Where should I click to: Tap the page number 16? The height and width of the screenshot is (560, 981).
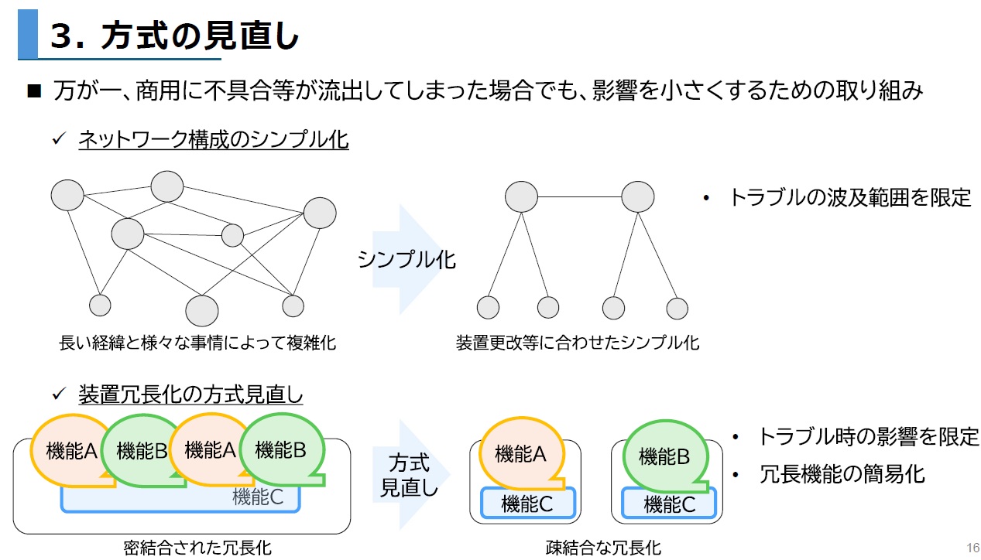[973, 547]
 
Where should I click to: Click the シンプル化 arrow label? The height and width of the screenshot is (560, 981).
[406, 259]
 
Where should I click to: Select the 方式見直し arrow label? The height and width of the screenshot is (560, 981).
[410, 475]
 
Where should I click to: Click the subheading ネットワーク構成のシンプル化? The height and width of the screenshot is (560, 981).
[213, 140]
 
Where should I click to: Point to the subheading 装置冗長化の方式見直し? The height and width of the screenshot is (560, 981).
[190, 394]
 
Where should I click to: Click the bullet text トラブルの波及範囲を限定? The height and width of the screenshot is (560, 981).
[849, 197]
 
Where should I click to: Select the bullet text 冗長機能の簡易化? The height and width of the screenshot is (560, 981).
[842, 473]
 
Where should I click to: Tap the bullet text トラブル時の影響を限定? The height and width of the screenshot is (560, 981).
[868, 436]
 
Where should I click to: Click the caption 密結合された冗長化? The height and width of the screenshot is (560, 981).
[197, 548]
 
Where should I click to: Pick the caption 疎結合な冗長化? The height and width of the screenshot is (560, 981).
[603, 548]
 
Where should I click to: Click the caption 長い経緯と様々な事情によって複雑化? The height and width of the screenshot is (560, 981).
[197, 342]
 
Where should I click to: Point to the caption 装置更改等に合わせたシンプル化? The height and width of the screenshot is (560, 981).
[577, 342]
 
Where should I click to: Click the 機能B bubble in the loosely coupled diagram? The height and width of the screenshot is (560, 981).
[664, 456]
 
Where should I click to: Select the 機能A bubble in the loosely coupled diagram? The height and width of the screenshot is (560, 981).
[520, 453]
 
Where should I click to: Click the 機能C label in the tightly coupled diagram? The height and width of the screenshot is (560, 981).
[258, 498]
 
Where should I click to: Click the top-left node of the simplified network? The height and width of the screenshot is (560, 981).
[521, 196]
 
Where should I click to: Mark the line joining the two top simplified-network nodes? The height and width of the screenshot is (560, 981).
[579, 196]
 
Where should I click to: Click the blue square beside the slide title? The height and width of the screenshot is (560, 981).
[28, 34]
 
